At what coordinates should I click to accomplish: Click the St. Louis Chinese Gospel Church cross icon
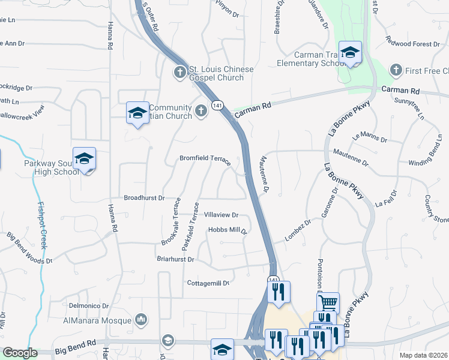tap(179, 73)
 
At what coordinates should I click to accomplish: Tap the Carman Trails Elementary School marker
tap(349, 53)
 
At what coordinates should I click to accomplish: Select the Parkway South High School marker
tap(84, 159)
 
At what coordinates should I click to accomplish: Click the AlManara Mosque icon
tap(142, 319)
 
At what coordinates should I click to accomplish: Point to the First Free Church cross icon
tap(395, 70)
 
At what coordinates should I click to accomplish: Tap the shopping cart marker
tap(328, 303)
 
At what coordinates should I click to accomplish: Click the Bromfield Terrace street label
tap(205, 159)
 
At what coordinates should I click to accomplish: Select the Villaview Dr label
tap(221, 215)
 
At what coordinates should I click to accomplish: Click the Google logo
tap(20, 353)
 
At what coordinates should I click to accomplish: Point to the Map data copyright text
tap(424, 355)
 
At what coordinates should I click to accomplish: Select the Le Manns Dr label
tap(370, 137)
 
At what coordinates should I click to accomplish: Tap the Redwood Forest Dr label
tap(413, 44)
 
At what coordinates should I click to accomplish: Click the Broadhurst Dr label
tap(143, 197)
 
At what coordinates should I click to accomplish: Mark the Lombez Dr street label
tap(298, 230)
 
